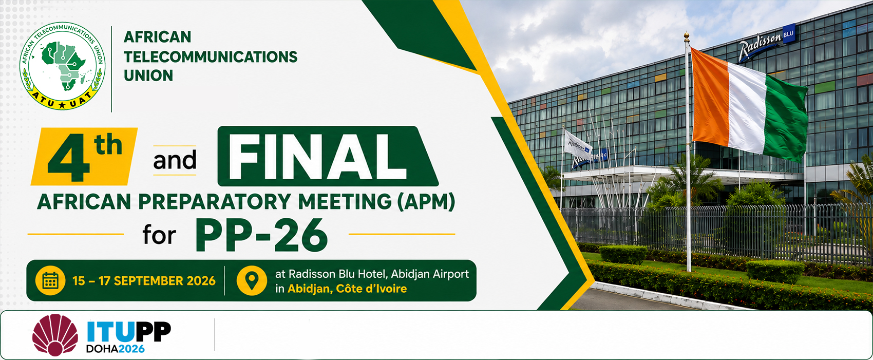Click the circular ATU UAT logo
62,66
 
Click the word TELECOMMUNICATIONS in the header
211,56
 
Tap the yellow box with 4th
84,156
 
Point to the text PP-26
261,235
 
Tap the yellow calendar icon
50,280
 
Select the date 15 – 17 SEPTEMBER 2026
144,281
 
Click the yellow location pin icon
252,280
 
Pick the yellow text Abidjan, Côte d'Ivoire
347,289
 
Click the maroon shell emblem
55,335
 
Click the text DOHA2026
116,348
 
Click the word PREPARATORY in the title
214,202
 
